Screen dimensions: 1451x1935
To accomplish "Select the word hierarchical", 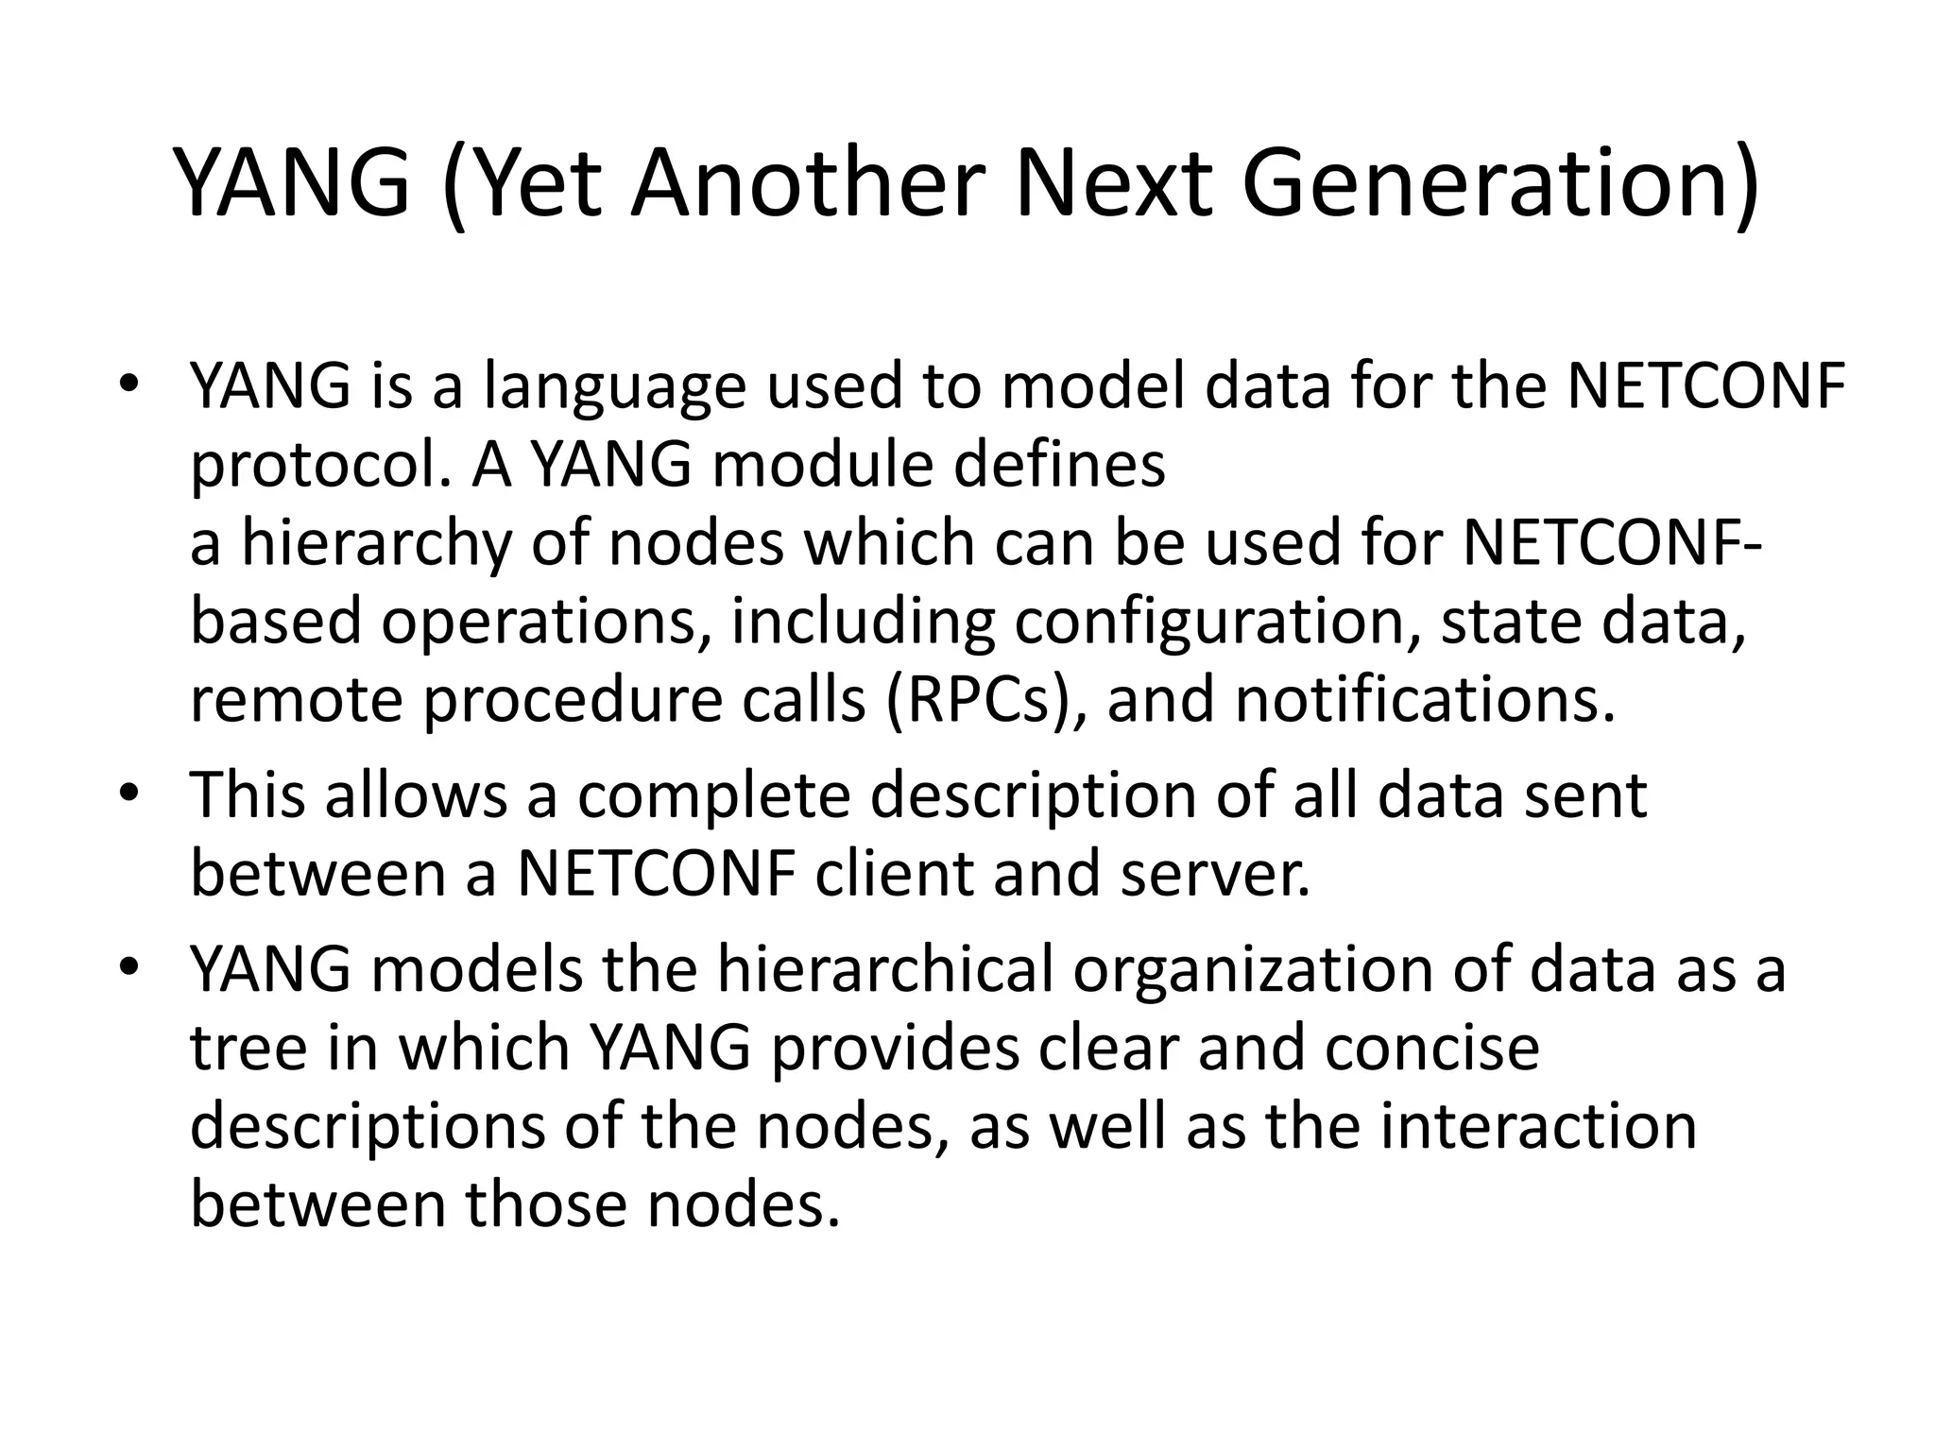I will tap(884, 970).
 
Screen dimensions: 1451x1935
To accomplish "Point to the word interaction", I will tap(1538, 1127).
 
